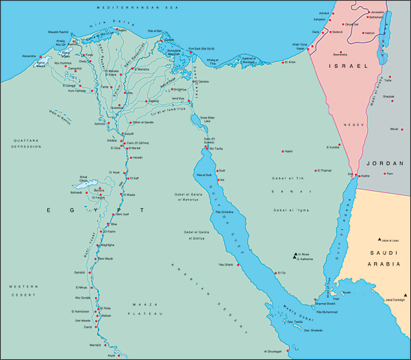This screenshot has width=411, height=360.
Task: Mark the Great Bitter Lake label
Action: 212,120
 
